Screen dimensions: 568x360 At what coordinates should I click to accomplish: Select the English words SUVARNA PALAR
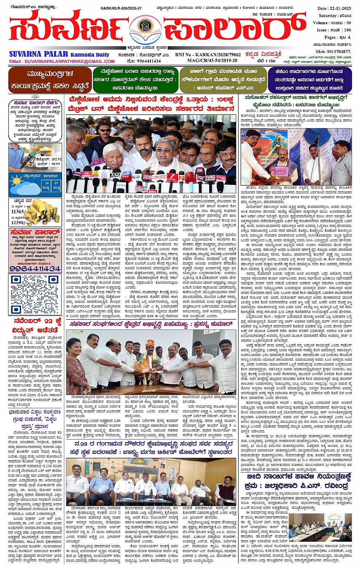(38, 54)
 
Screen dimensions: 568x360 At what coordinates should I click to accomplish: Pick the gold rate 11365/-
(19, 211)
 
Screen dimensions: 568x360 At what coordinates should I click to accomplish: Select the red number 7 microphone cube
(172, 176)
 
